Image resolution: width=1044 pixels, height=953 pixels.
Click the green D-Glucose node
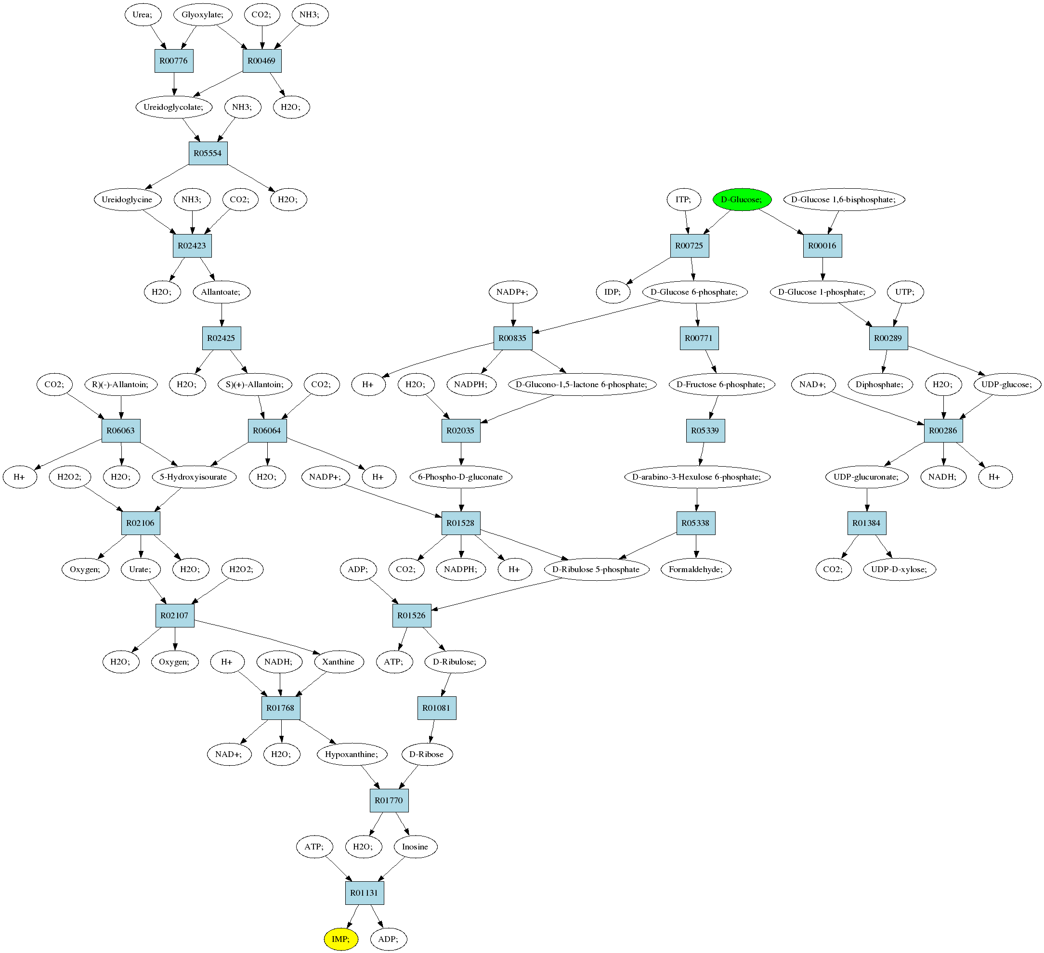(742, 199)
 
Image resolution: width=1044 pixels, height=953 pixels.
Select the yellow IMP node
(341, 939)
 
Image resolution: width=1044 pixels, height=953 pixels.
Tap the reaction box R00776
(174, 61)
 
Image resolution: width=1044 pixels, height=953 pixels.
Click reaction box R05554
(208, 153)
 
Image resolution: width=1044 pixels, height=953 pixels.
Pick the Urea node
(143, 14)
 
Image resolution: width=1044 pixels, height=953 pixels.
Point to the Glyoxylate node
(202, 14)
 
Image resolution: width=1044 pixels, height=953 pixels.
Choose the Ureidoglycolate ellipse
(174, 107)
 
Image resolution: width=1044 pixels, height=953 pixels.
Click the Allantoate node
(222, 292)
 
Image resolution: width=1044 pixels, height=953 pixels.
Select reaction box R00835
(513, 338)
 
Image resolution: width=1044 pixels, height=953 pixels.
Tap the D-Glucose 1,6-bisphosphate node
(844, 199)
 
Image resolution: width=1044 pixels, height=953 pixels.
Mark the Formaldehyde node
(696, 569)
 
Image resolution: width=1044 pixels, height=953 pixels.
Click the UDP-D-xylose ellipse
(900, 569)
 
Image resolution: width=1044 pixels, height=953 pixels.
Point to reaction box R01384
(867, 523)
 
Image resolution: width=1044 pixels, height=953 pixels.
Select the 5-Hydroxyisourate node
(194, 477)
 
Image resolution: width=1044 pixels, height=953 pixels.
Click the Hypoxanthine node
(352, 754)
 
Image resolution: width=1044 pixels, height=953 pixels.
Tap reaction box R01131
(365, 893)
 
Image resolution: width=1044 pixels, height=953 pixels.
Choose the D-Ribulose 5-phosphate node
(597, 569)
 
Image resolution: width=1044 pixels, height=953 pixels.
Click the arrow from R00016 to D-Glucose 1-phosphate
(823, 269)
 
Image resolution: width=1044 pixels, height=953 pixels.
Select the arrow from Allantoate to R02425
(222, 315)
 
